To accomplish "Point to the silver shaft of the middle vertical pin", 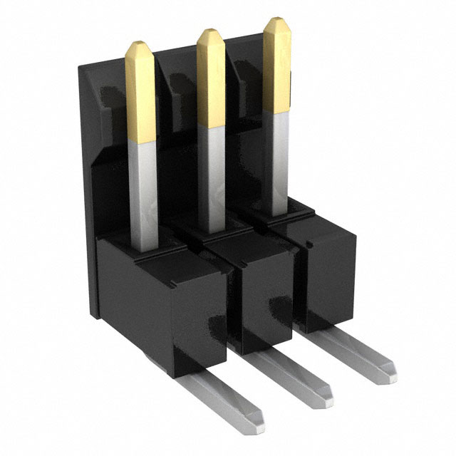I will pos(212,171).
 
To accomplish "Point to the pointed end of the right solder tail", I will pos(388,368).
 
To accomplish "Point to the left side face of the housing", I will pos(89,214).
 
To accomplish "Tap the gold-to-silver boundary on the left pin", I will pos(142,140).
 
